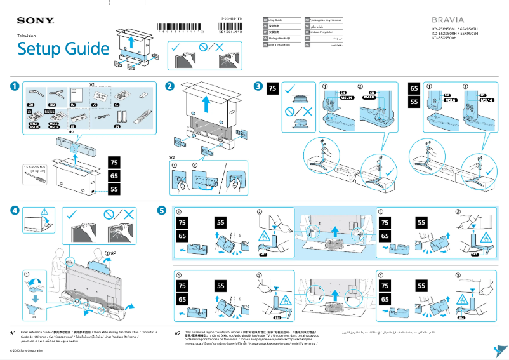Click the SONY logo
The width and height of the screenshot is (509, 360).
(x=35, y=22)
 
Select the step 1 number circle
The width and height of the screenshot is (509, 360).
(x=14, y=86)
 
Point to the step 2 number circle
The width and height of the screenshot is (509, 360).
(x=169, y=86)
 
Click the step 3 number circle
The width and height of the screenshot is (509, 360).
(x=258, y=86)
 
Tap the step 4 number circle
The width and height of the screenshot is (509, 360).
(x=14, y=210)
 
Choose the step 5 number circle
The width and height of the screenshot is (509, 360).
(x=162, y=210)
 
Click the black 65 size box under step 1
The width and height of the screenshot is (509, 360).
(x=114, y=175)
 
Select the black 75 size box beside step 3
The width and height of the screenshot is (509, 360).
(x=272, y=89)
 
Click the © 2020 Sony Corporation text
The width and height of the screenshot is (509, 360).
(x=31, y=350)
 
